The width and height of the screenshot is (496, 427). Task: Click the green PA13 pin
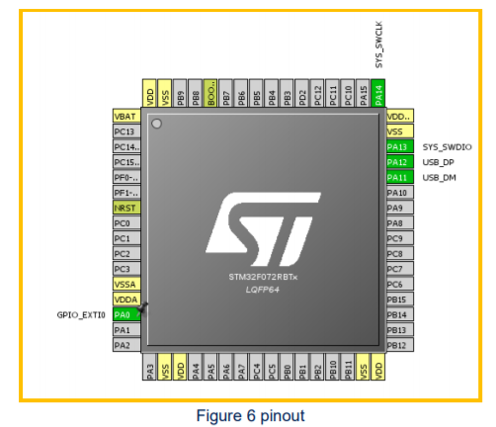click(397, 146)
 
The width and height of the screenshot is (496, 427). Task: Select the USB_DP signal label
click(438, 162)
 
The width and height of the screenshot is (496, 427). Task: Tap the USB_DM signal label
click(438, 177)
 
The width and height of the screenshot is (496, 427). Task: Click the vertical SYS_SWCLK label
click(379, 44)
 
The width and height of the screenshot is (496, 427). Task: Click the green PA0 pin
click(125, 314)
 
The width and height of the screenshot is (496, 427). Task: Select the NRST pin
click(125, 209)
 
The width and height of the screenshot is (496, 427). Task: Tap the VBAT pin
click(125, 117)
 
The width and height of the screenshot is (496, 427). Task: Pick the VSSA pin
click(125, 284)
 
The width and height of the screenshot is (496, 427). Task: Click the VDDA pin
click(125, 299)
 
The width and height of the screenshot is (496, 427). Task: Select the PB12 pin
click(397, 345)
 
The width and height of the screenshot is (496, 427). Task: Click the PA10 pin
click(397, 193)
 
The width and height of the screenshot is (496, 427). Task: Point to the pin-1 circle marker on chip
click(156, 124)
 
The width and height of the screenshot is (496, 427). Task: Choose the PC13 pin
click(125, 131)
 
